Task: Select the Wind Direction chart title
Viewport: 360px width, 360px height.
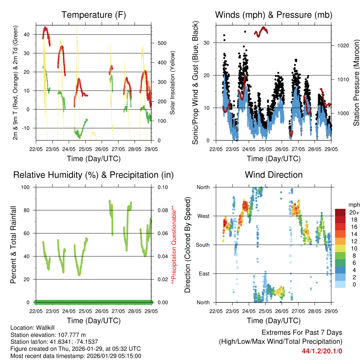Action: click(x=274, y=175)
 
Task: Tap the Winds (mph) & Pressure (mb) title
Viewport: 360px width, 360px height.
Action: click(x=274, y=15)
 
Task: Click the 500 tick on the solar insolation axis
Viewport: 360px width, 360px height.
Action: click(x=161, y=43)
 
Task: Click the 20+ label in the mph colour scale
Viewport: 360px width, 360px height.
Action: click(x=354, y=212)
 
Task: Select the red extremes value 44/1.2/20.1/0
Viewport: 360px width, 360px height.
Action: click(x=322, y=351)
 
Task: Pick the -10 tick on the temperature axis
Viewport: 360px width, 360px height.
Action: click(x=26, y=128)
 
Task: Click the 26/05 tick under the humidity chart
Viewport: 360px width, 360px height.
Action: click(x=102, y=311)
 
